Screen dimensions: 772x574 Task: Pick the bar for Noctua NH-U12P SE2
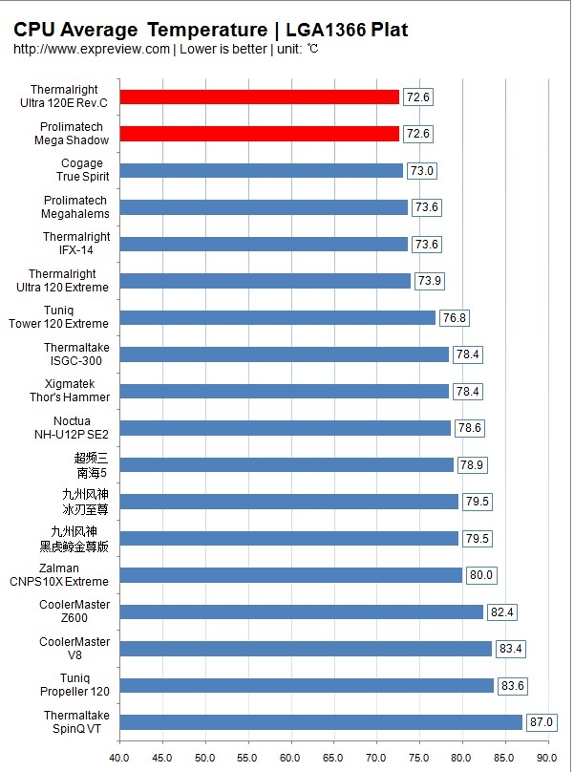pos(286,428)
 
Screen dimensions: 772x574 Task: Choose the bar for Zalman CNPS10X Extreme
pos(291,574)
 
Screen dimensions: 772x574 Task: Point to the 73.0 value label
pos(422,170)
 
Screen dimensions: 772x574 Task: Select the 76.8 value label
pos(455,317)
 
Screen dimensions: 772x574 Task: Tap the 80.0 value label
pos(481,574)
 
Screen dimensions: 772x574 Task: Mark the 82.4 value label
pos(502,611)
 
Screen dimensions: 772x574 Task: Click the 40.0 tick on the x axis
pos(120,759)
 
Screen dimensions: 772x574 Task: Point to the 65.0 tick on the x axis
pos(334,759)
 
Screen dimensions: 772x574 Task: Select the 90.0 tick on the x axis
pos(548,759)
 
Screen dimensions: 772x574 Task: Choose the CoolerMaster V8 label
pos(74,648)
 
